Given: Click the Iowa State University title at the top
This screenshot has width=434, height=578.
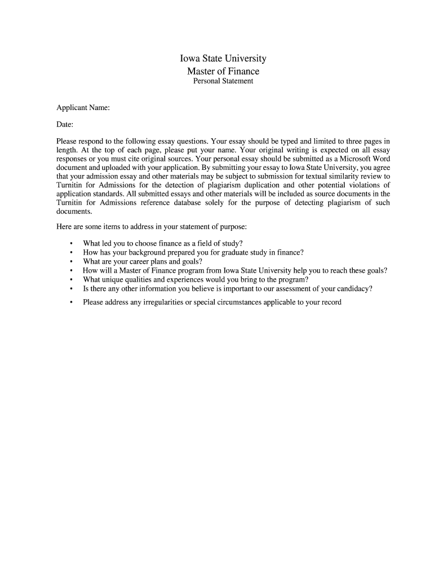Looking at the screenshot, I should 223,59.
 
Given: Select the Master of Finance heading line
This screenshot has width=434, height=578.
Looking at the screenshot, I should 223,71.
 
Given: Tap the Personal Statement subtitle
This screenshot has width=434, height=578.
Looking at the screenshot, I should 223,81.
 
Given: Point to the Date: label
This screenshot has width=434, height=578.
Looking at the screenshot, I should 65,124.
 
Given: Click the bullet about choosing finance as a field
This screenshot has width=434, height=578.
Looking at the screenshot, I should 162,244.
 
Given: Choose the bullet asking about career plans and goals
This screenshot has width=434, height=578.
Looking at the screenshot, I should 142,262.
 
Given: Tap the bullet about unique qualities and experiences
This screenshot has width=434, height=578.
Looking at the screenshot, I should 196,279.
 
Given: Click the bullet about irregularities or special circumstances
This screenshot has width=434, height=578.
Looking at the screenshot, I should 212,302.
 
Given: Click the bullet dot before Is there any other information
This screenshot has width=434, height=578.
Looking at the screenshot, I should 71,289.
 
